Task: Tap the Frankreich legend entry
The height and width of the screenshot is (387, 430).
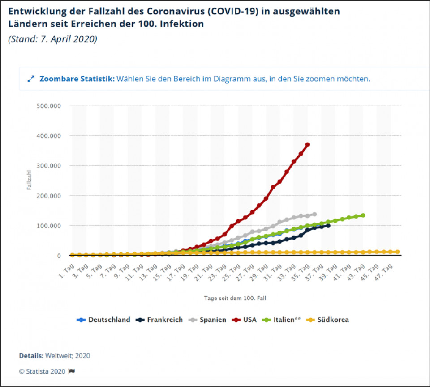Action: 160,320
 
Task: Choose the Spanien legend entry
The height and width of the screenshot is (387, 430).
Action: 209,320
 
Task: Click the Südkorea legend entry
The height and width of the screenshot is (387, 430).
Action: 328,320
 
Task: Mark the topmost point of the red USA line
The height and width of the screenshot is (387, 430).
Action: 307,144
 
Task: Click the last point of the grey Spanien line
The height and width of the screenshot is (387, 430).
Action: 314,214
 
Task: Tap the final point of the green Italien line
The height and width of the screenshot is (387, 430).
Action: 363,215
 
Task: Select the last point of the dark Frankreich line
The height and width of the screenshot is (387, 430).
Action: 328,226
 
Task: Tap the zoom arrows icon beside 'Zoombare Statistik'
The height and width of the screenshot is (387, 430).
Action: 31,79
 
